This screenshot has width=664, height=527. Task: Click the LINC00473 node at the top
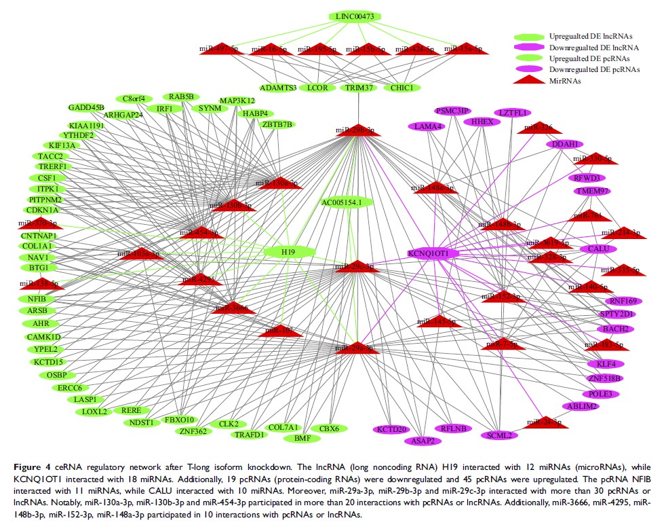click(x=355, y=16)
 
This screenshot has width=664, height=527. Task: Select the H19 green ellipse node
click(x=289, y=253)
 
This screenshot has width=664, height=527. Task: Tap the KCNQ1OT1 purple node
click(x=434, y=253)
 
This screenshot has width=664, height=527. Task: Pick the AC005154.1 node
click(x=347, y=202)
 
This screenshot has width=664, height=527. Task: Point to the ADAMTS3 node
click(x=278, y=88)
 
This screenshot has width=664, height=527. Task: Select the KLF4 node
click(x=606, y=364)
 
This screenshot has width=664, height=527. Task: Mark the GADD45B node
click(x=86, y=107)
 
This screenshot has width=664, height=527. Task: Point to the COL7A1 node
click(x=284, y=428)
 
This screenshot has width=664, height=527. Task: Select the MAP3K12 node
click(x=237, y=101)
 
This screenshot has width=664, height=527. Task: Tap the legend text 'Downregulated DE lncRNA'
click(x=596, y=48)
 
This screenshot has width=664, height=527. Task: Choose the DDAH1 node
click(x=564, y=145)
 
